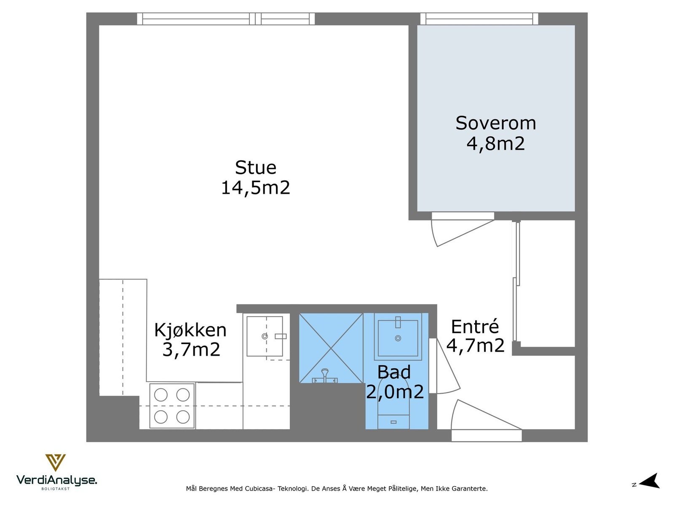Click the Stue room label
pyautogui.click(x=256, y=168)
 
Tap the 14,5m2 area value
pyautogui.click(x=256, y=188)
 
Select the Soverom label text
pyautogui.click(x=496, y=123)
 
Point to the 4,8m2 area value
pyautogui.click(x=496, y=143)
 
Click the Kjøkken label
pyautogui.click(x=190, y=330)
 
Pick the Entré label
pyautogui.click(x=475, y=327)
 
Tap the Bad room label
pyautogui.click(x=394, y=372)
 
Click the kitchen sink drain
pyautogui.click(x=265, y=336)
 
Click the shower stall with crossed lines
pyautogui.click(x=331, y=348)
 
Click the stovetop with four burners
pyautogui.click(x=172, y=406)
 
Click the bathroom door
pyautogui.click(x=444, y=367)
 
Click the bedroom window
pyautogui.click(x=479, y=19)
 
